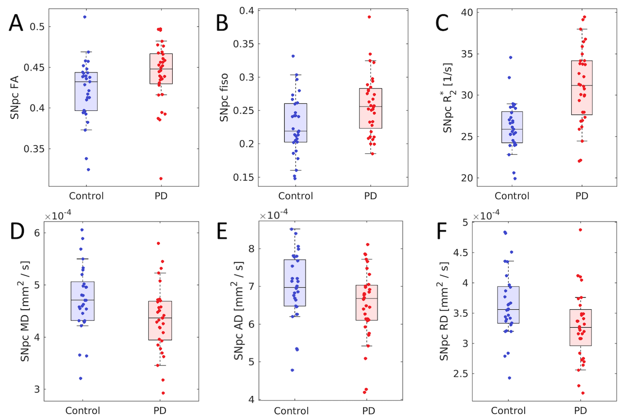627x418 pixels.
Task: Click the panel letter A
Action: (x=16, y=23)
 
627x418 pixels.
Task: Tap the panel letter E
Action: (x=222, y=231)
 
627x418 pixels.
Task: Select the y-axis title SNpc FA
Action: (x=15, y=97)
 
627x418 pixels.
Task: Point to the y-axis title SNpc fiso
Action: (x=224, y=97)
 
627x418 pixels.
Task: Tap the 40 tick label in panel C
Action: (x=466, y=13)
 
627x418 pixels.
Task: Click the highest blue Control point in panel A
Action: (x=85, y=17)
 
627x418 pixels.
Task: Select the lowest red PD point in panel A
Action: (x=161, y=178)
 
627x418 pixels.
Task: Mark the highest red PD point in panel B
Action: (x=369, y=17)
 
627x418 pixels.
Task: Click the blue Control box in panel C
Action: (x=512, y=127)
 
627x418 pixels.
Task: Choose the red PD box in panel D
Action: (x=161, y=320)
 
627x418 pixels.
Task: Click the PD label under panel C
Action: (x=581, y=196)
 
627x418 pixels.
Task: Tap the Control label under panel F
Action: (x=508, y=410)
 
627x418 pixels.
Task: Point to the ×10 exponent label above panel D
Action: (x=58, y=215)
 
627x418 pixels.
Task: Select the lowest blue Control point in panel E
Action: (x=292, y=370)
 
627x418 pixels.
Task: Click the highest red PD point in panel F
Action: (x=580, y=230)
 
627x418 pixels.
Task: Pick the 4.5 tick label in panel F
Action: (x=462, y=252)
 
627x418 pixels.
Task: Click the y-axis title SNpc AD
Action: (x=239, y=311)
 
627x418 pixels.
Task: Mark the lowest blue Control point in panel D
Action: (x=81, y=378)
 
